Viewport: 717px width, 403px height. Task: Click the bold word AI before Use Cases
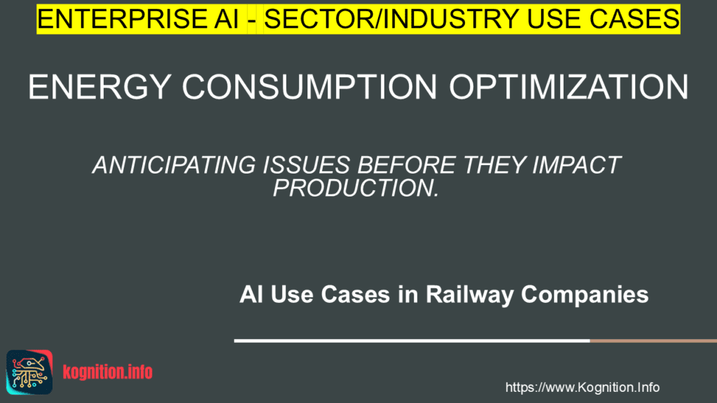pyautogui.click(x=250, y=295)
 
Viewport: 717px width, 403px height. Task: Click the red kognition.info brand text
pyautogui.click(x=107, y=372)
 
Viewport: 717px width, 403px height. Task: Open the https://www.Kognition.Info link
pyautogui.click(x=582, y=387)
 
